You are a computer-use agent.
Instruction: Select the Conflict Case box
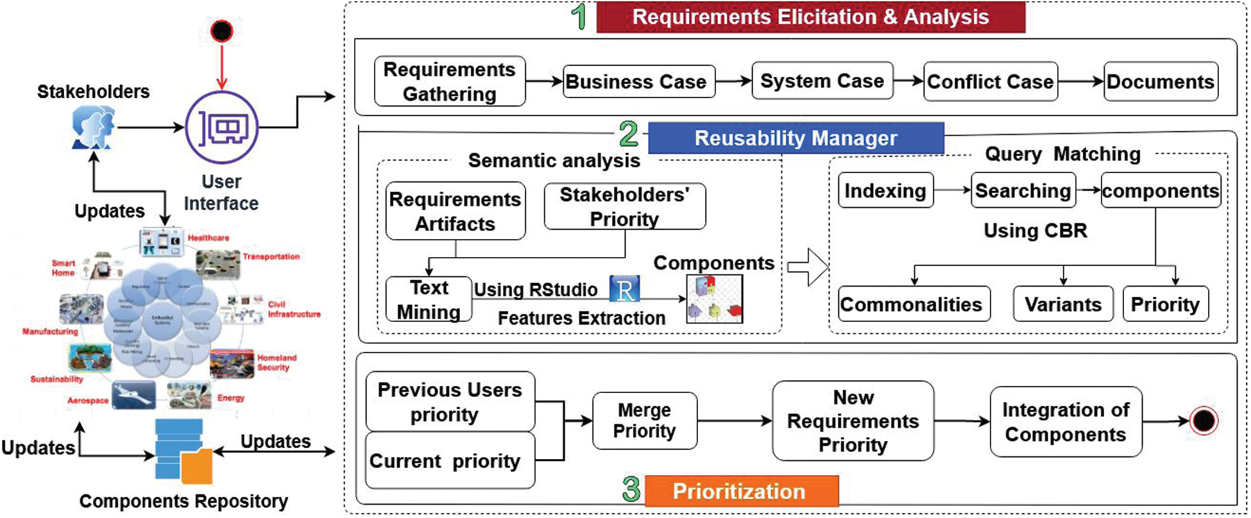(x=990, y=81)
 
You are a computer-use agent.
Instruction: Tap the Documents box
(x=1160, y=81)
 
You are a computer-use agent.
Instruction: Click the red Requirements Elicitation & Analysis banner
(x=810, y=17)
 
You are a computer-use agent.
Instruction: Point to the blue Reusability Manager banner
(x=796, y=138)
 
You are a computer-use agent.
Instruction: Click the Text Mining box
(x=429, y=299)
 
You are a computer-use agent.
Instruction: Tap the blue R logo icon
(x=624, y=289)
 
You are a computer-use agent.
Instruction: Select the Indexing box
(x=885, y=190)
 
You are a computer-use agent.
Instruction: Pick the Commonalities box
(x=913, y=304)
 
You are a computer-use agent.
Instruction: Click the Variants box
(x=1062, y=304)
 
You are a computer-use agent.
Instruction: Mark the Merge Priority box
(x=644, y=421)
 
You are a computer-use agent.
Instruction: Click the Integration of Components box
(x=1065, y=422)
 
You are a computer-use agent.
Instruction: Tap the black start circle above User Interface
(x=222, y=31)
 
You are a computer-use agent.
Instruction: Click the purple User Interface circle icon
(x=222, y=128)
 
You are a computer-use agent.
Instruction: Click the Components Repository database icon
(x=182, y=451)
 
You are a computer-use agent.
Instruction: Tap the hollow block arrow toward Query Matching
(x=808, y=267)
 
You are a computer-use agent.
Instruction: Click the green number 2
(x=629, y=134)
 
